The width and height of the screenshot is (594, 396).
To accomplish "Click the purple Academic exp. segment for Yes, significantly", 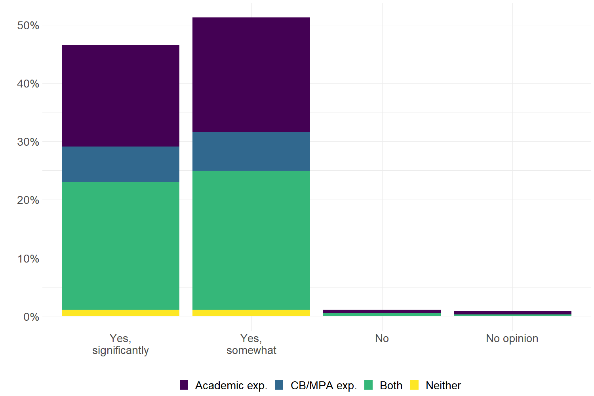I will (121, 96).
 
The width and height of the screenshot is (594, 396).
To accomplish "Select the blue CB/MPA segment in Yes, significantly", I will (121, 164).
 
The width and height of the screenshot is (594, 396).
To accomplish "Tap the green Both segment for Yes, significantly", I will (121, 246).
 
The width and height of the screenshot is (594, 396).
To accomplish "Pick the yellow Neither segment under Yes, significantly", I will (121, 313).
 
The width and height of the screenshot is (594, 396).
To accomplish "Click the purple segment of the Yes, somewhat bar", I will (251, 75).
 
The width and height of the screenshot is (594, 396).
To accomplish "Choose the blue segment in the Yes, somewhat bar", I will (251, 151).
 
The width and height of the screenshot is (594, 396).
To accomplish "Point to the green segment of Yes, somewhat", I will (251, 240).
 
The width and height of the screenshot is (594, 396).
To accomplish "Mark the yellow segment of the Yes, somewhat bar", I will (251, 313).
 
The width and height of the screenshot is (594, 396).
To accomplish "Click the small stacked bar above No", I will (382, 313).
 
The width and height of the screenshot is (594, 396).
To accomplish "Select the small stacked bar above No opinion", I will (512, 314).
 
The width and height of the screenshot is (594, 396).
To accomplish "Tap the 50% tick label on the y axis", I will (28, 26).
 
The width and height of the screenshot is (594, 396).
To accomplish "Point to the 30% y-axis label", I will (28, 142).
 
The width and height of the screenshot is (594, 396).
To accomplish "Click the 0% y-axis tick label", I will (31, 317).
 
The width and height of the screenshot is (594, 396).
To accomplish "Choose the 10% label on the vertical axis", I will (28, 259).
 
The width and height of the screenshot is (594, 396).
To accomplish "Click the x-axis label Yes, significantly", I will (120, 344).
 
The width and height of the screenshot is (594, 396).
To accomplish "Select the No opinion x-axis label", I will (512, 339).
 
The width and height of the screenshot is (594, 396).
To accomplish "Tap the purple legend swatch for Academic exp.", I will (184, 385).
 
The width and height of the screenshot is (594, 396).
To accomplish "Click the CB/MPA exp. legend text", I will (324, 385).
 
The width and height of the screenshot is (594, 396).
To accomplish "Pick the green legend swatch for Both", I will (369, 385).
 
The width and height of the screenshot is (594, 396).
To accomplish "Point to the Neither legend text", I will (443, 385).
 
